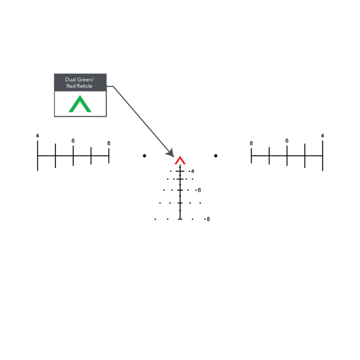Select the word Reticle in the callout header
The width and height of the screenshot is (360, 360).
coord(84,86)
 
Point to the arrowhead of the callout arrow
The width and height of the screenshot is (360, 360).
coord(171,153)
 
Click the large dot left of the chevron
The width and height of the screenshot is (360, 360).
coord(144,156)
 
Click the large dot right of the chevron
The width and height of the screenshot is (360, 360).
coord(216,156)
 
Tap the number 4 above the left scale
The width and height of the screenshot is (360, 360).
coord(37,136)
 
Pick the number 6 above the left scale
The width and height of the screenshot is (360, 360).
coord(73,141)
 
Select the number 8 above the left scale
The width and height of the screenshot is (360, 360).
coord(109,143)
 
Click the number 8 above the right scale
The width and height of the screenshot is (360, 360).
coord(251,143)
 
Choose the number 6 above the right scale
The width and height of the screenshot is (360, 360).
coord(287,141)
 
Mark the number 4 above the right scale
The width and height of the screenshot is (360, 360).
coord(323,136)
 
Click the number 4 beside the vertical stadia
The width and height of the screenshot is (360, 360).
coord(193,171)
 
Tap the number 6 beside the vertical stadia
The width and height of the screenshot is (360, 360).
coord(199,190)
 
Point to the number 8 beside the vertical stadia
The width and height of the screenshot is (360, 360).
coord(208,219)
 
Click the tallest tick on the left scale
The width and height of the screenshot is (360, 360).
coord(37,156)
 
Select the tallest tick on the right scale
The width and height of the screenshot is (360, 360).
coord(323,156)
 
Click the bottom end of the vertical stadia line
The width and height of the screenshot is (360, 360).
coord(180,219)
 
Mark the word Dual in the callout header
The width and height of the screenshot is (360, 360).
coord(70,80)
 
